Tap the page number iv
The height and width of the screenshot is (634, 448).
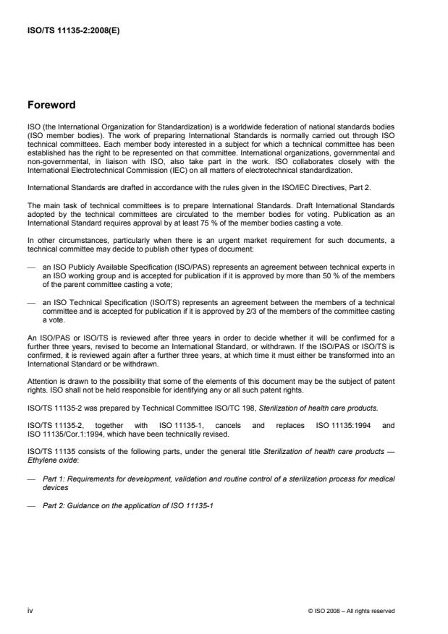[x=30, y=611]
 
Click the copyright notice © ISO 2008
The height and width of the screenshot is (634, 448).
[x=351, y=612]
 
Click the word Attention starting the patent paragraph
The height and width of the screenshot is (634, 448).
[x=40, y=363]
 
